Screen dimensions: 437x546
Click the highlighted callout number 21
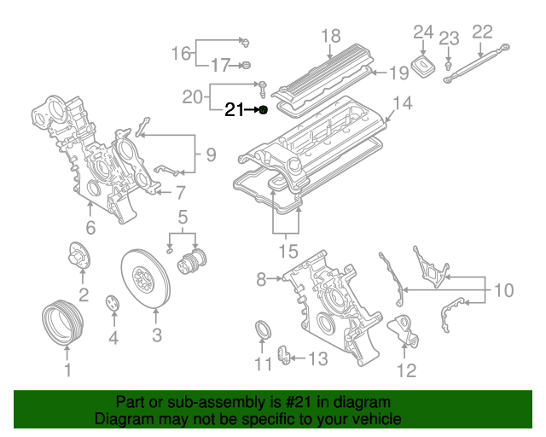234,110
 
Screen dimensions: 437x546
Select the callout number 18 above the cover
330,36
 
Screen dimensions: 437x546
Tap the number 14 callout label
402,103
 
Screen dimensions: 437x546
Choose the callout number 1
68,370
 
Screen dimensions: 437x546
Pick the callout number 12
406,370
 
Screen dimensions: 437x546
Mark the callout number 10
503,291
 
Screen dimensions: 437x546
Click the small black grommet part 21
264,110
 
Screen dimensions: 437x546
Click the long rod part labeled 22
478,62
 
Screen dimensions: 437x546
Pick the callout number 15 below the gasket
288,252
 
